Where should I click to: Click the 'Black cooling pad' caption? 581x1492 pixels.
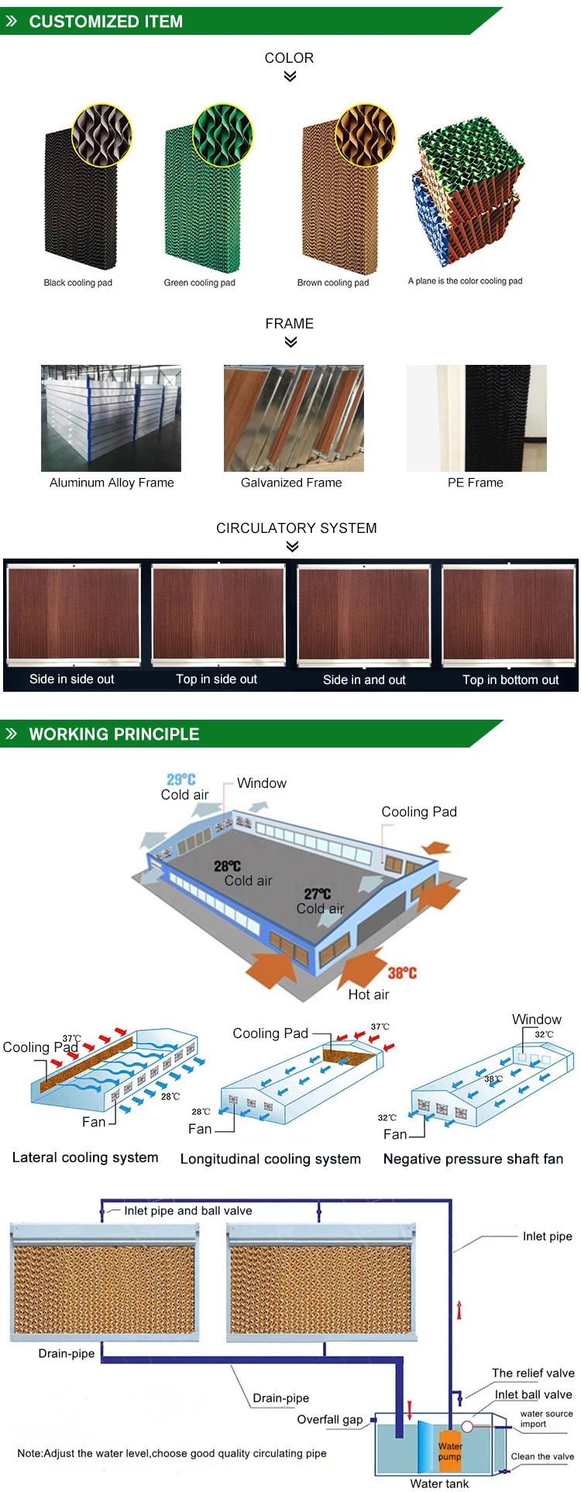point(77,283)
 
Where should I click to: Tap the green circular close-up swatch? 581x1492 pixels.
point(223,135)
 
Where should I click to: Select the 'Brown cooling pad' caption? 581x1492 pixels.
point(333,283)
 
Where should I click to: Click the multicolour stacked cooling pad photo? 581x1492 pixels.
point(467,194)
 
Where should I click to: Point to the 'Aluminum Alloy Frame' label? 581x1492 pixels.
point(112,483)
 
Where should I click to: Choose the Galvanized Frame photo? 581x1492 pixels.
point(294,418)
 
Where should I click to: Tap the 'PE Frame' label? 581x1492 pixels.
point(475,483)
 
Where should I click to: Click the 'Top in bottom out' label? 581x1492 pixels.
point(510,680)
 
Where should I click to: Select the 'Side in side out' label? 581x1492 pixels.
point(71,679)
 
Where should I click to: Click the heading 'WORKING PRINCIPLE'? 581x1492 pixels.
point(114,734)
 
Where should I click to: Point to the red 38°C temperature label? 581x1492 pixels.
point(402,973)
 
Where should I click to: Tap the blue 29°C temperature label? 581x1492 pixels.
point(181,779)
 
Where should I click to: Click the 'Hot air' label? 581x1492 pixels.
point(369,995)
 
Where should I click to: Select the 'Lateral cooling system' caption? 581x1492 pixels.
point(85,1157)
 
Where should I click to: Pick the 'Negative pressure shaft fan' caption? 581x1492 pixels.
point(473,1159)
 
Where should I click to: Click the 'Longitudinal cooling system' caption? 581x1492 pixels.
point(270,1159)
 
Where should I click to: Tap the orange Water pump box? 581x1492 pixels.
point(449,1451)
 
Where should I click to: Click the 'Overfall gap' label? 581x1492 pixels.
point(330,1419)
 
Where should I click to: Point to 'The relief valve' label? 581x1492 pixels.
point(533,1373)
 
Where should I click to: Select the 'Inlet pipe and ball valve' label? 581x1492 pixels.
point(187,1211)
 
